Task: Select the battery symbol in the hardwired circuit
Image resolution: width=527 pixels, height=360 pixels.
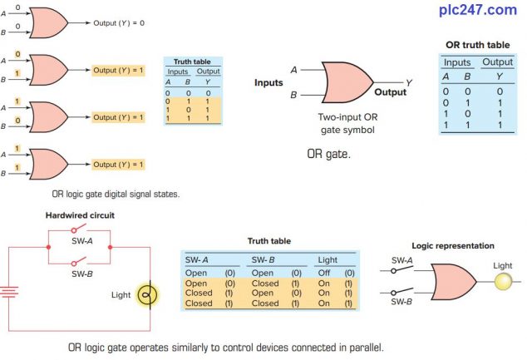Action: click(x=9, y=293)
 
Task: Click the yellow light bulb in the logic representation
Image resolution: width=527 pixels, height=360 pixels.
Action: click(x=504, y=282)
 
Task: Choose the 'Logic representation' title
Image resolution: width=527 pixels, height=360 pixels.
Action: click(x=453, y=246)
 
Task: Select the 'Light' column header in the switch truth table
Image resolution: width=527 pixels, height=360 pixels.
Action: click(x=329, y=260)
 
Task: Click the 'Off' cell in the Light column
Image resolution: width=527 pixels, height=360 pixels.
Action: click(x=326, y=272)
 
